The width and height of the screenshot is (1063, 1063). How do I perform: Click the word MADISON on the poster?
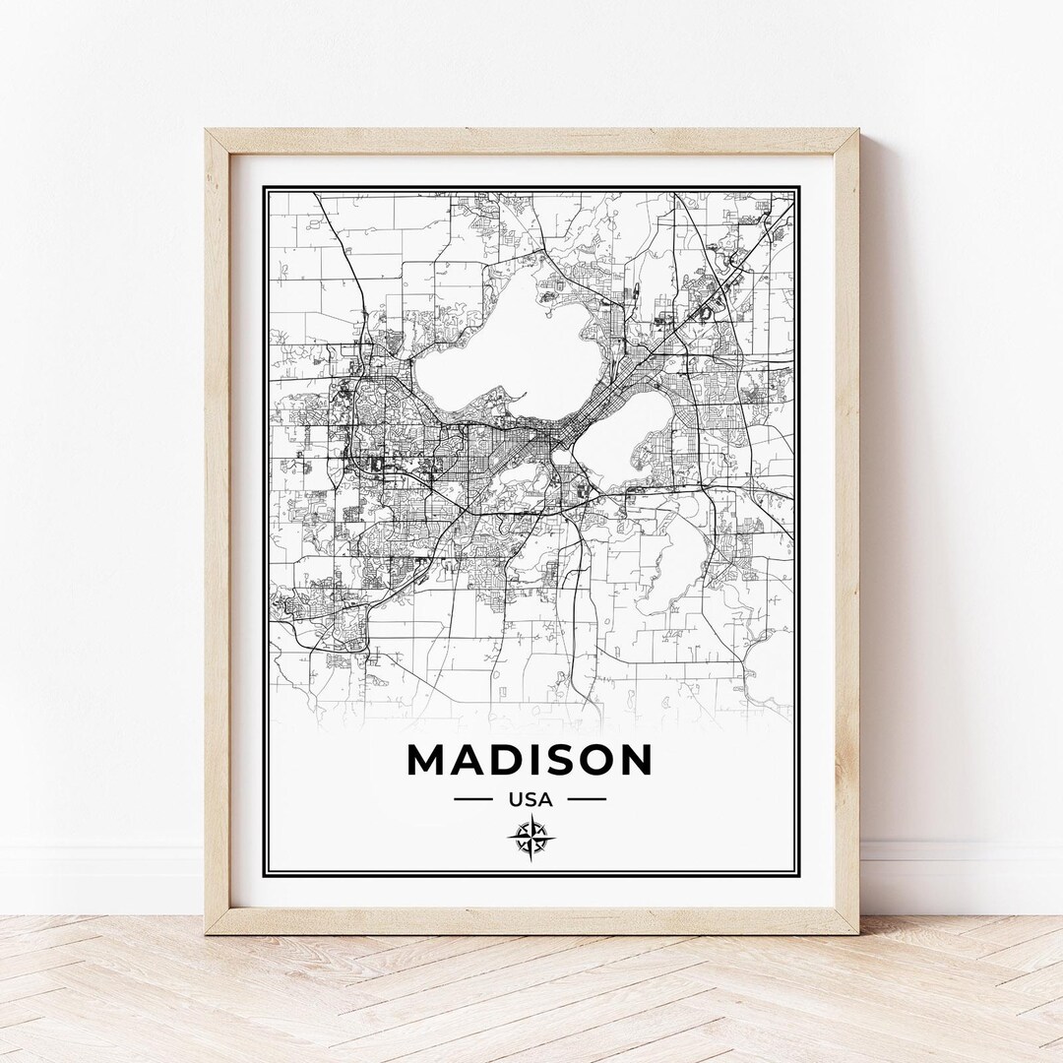click(x=530, y=760)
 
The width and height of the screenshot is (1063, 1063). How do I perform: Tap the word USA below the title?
click(x=530, y=799)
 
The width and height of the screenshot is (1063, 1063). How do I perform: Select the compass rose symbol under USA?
click(x=531, y=839)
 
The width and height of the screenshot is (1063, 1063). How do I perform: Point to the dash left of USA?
click(x=472, y=799)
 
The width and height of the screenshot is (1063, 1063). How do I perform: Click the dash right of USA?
click(x=587, y=799)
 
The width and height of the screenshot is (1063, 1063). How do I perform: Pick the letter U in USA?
click(x=514, y=799)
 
